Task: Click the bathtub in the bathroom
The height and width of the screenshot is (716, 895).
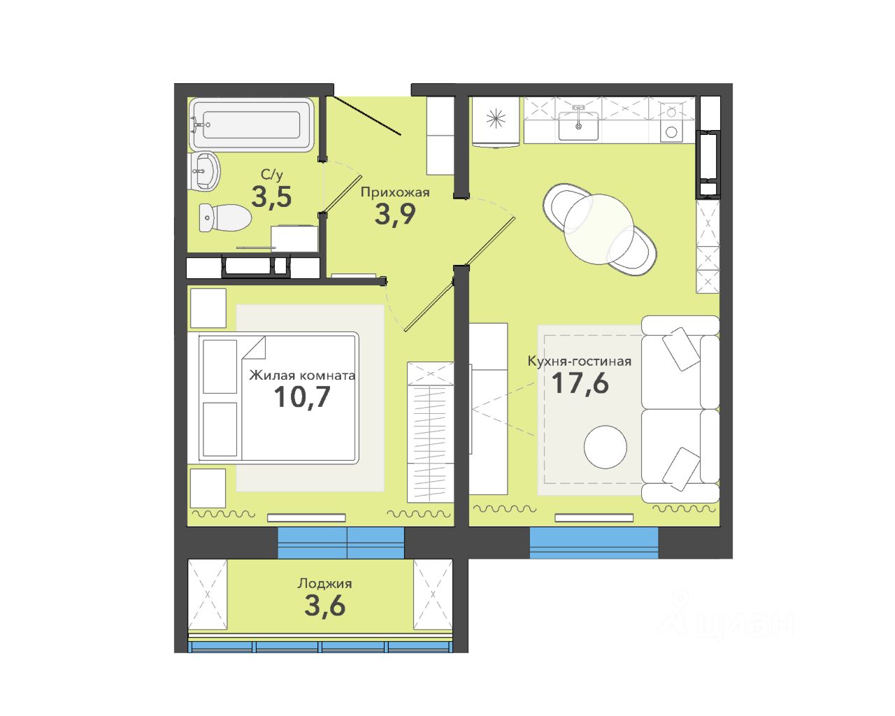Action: pyautogui.click(x=251, y=124)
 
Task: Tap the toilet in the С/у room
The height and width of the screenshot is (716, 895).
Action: pyautogui.click(x=225, y=217)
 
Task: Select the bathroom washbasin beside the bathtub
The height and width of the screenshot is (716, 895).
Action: pyautogui.click(x=203, y=171)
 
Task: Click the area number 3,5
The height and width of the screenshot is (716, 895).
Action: pyautogui.click(x=271, y=196)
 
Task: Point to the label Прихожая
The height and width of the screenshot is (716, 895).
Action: pyautogui.click(x=395, y=192)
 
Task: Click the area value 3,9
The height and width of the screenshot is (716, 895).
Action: pyautogui.click(x=395, y=214)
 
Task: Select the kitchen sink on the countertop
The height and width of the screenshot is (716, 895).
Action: pyautogui.click(x=578, y=126)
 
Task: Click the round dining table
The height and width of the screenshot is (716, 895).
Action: pyautogui.click(x=599, y=229)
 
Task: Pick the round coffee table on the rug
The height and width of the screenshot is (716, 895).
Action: pyautogui.click(x=605, y=447)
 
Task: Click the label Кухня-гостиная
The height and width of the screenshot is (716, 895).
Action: pyautogui.click(x=580, y=361)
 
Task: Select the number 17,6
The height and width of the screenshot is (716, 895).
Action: pyautogui.click(x=580, y=383)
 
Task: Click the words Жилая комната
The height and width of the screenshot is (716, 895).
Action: pyautogui.click(x=302, y=375)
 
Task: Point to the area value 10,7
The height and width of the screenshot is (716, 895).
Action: pyautogui.click(x=302, y=397)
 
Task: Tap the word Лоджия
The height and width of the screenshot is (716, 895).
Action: pyautogui.click(x=325, y=584)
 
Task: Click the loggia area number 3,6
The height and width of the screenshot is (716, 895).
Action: pyautogui.click(x=325, y=606)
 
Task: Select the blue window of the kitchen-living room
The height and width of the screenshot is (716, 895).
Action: pyautogui.click(x=594, y=543)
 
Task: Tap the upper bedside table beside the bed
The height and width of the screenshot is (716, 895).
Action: pyautogui.click(x=208, y=308)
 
